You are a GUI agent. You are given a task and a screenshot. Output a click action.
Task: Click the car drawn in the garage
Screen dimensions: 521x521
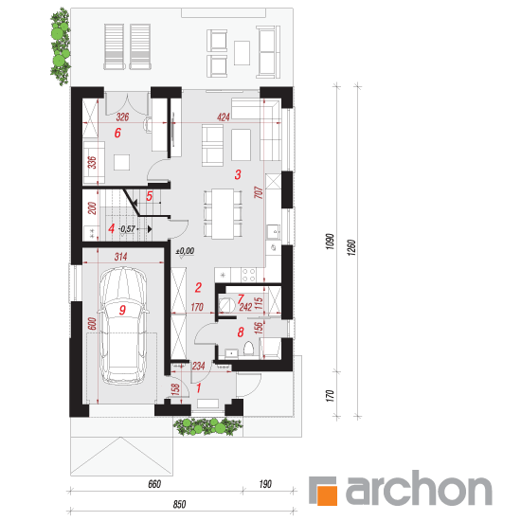123,326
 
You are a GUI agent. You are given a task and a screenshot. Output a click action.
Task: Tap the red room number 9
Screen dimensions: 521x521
122,310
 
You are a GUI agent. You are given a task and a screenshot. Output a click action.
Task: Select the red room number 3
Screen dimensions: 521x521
238,174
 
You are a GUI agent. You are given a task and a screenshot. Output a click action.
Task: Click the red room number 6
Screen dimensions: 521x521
117,133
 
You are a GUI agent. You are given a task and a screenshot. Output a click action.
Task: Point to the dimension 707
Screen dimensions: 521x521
259,192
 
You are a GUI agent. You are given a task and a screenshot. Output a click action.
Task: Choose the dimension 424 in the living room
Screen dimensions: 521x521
224,117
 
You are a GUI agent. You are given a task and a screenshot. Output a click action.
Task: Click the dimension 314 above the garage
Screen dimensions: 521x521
120,257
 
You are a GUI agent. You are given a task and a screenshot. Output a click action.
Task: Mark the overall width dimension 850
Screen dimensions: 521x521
179,504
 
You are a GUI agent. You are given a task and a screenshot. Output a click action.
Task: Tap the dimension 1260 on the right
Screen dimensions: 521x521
351,247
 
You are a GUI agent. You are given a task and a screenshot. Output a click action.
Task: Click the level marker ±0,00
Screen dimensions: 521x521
185,251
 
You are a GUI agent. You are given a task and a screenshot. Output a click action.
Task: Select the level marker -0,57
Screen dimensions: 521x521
127,229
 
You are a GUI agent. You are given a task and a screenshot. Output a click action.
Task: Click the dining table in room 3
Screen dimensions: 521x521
223,213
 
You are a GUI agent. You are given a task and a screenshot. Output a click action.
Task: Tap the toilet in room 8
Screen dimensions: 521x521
248,349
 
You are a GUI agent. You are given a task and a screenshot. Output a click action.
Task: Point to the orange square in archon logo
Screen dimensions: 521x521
328,495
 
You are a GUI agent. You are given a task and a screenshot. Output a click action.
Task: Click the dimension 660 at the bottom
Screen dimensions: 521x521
154,484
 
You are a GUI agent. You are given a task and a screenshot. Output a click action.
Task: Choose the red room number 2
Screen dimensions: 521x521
198,287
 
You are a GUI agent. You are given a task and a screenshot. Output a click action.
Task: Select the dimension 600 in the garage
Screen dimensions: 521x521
92,324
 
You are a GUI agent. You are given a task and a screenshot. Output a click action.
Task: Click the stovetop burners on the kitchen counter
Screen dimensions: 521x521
248,275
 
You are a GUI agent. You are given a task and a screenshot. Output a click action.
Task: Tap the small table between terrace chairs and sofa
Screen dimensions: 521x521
242,53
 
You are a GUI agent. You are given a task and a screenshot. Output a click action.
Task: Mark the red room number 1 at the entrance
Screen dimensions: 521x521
199,387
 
